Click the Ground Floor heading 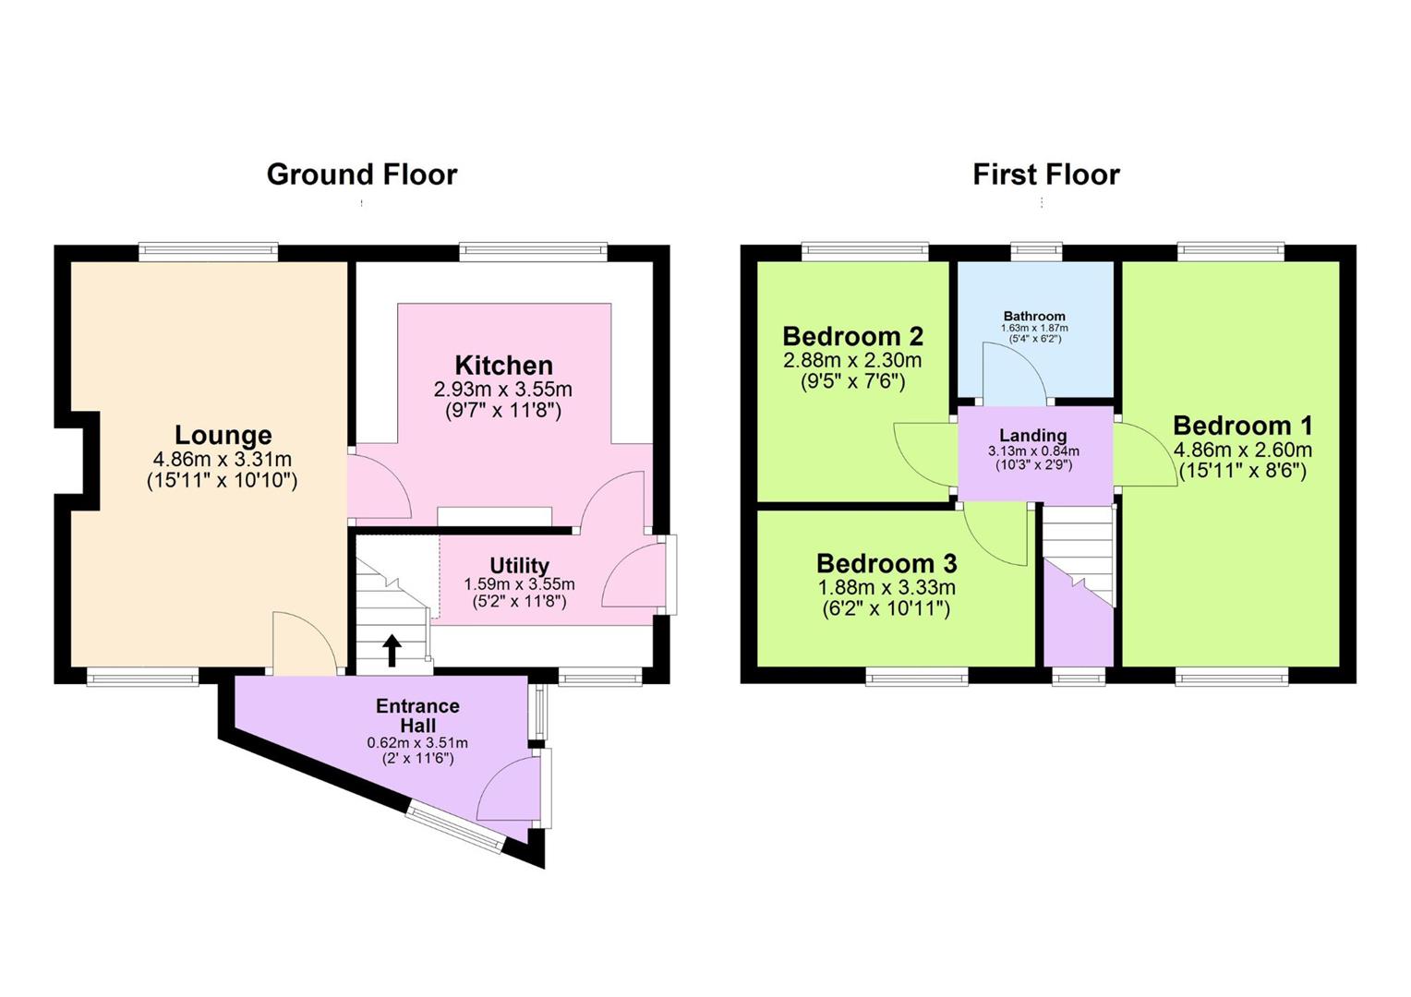pos(362,174)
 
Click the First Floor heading pos(1046,174)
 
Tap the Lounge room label pos(223,435)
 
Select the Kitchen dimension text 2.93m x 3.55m pos(502,390)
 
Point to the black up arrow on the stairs pos(392,651)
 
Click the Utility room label pos(519,565)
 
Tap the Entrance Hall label pos(417,715)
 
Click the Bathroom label pos(1034,316)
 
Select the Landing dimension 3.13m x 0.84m pos(1033,450)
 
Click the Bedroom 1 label pos(1242,426)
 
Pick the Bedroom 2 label pos(853,336)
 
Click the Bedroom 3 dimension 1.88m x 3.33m pos(886,588)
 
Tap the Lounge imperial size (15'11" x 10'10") pos(223,481)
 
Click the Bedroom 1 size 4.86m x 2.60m pos(1243,450)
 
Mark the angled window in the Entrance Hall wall pos(455,827)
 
